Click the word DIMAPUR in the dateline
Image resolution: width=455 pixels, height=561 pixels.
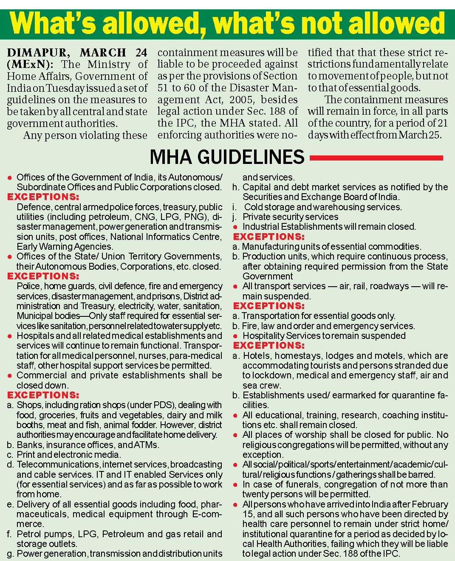[37, 53]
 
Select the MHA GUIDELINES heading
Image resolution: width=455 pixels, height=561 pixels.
[227, 157]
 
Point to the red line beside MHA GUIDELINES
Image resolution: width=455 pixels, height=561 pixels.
[376, 158]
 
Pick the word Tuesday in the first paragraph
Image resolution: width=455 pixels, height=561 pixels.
[65, 88]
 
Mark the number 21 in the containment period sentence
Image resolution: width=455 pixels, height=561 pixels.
[442, 123]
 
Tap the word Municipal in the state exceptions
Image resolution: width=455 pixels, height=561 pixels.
[37, 316]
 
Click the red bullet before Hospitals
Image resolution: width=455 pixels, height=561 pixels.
[10, 336]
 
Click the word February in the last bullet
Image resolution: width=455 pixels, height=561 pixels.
[427, 505]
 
